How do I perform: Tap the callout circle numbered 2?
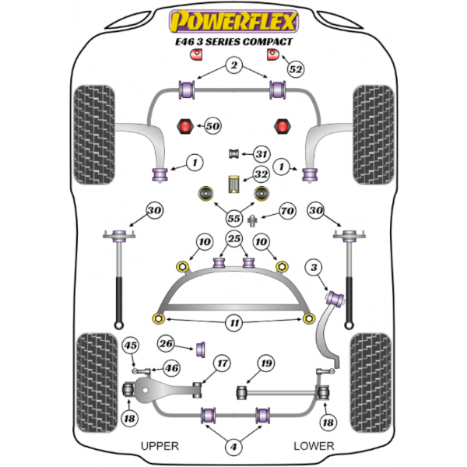pyautogui.click(x=233, y=66)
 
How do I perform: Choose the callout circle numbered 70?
pyautogui.click(x=287, y=210)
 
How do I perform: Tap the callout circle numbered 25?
pyautogui.click(x=233, y=238)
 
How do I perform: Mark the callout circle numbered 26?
pyautogui.click(x=165, y=342)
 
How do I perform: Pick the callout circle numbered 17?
pyautogui.click(x=223, y=363)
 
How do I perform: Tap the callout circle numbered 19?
pyautogui.click(x=267, y=363)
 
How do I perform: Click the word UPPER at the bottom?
pyautogui.click(x=160, y=446)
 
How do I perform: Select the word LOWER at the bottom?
pyautogui.click(x=314, y=446)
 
